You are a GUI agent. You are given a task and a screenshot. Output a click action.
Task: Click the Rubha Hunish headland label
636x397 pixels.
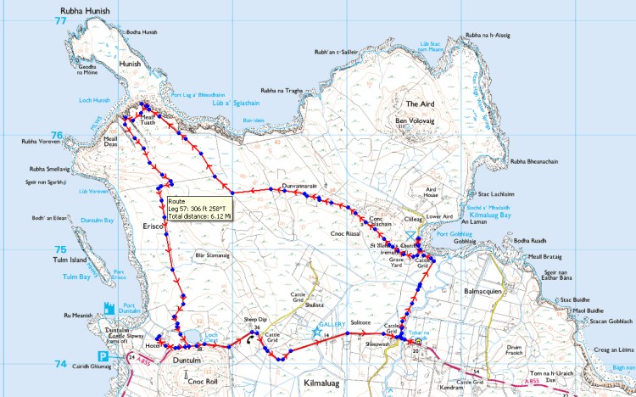[86, 11]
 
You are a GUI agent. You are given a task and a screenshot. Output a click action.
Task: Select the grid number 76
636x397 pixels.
[58, 135]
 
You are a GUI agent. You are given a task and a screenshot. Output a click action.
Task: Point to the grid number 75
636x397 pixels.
[59, 249]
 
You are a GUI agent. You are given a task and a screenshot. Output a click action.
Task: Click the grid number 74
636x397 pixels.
[59, 364]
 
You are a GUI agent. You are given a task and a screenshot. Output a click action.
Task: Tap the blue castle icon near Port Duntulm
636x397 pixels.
[108, 308]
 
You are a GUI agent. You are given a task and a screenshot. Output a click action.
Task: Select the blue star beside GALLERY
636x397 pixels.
[319, 329]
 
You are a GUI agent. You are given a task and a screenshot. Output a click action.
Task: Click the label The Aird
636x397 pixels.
[420, 103]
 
